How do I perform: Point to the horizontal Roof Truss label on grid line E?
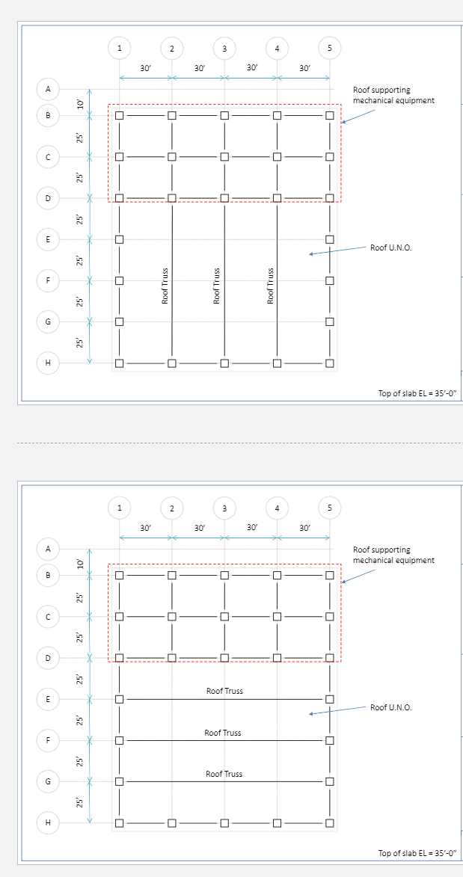[224, 691]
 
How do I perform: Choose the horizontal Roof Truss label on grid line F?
[223, 733]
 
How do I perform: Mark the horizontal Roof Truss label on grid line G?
[224, 774]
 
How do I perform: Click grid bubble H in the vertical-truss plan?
[49, 363]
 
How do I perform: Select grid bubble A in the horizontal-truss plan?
[49, 549]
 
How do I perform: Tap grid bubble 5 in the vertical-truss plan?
[329, 48]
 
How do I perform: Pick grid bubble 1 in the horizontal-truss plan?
[119, 507]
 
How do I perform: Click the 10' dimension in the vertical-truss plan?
[80, 104]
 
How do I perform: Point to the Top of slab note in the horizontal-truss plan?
[417, 852]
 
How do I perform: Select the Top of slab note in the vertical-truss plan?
[417, 393]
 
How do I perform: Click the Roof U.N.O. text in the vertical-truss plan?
[390, 247]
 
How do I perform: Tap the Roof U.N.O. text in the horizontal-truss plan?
[390, 707]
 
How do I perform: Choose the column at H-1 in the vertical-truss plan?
[119, 363]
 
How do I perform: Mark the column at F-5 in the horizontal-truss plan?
[329, 740]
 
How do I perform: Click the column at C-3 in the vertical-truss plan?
[224, 157]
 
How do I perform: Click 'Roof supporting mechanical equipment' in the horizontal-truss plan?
[393, 555]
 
